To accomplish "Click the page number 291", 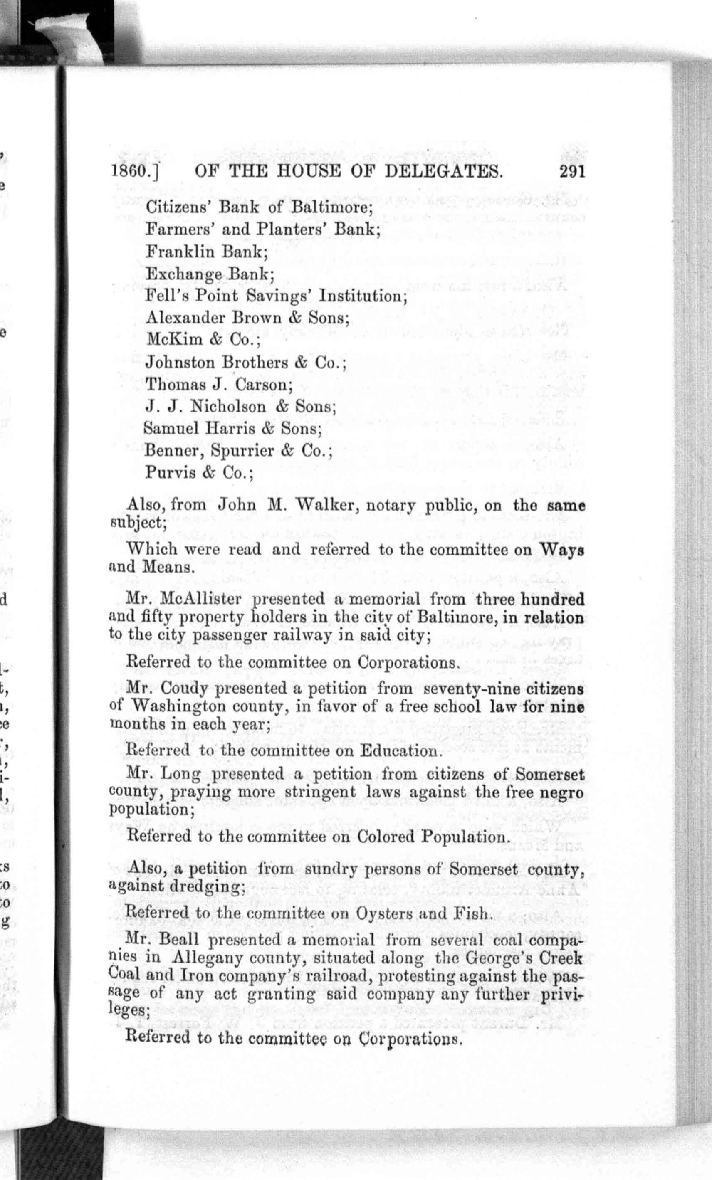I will coord(572,171).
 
